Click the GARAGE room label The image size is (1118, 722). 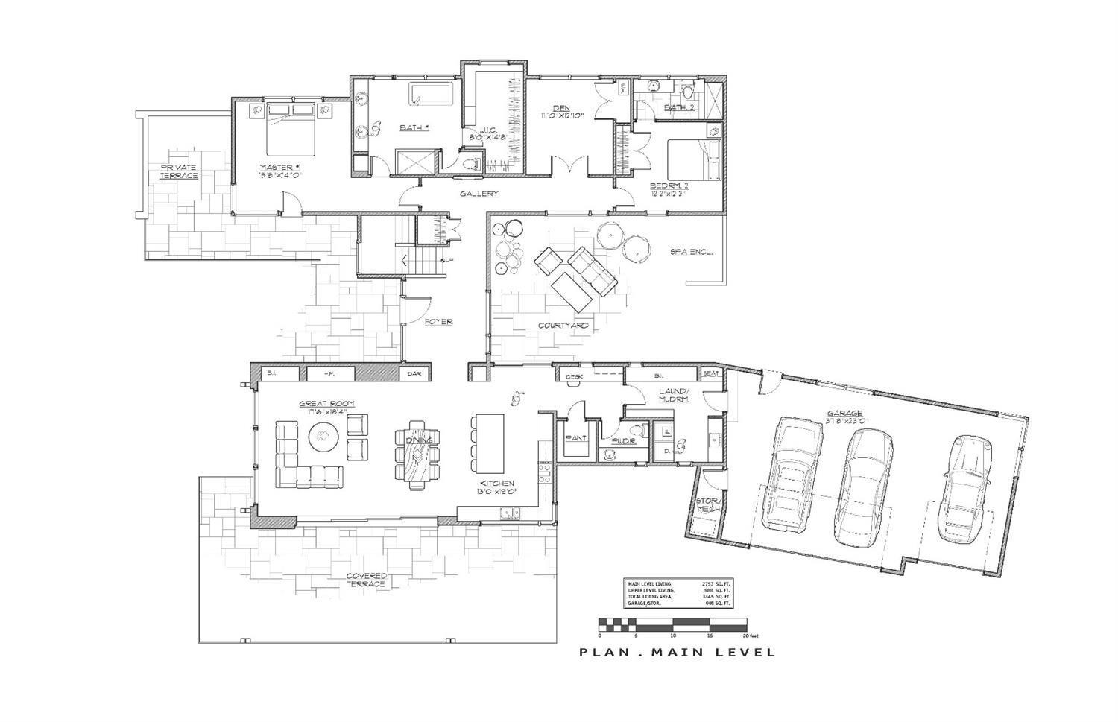pyautogui.click(x=844, y=413)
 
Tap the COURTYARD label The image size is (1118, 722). pyautogui.click(x=563, y=326)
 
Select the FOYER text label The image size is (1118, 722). pyautogui.click(x=438, y=322)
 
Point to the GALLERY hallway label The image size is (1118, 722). pyautogui.click(x=478, y=194)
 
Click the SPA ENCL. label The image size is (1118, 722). pyautogui.click(x=691, y=252)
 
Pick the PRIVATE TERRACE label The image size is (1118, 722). pyautogui.click(x=179, y=171)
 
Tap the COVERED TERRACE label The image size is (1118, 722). pyautogui.click(x=366, y=580)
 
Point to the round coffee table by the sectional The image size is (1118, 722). pyautogui.click(x=323, y=436)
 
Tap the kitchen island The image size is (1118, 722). pyautogui.click(x=487, y=444)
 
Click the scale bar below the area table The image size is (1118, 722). pyautogui.click(x=672, y=624)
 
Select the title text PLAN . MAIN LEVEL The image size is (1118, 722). pyautogui.click(x=677, y=653)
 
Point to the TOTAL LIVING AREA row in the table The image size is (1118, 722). pyautogui.click(x=678, y=595)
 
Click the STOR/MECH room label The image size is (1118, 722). pyautogui.click(x=706, y=504)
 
